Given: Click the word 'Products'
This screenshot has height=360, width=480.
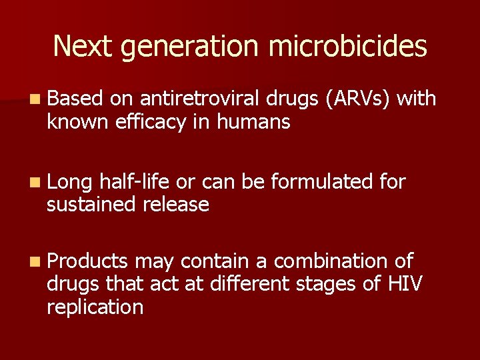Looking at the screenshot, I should [x=88, y=261].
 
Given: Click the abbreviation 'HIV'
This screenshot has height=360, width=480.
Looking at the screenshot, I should [x=404, y=284].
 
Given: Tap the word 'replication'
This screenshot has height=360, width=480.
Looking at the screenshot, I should [x=95, y=307].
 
